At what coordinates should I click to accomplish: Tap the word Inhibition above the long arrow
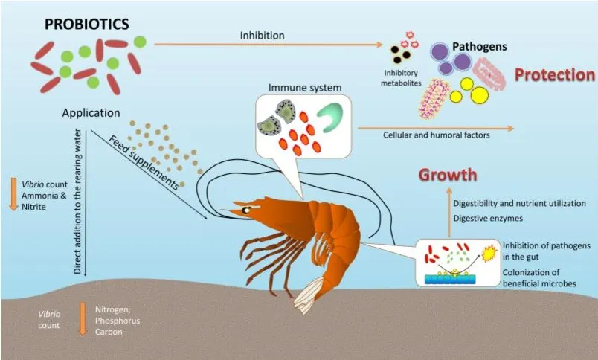point(262,35)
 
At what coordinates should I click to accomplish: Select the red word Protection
point(555,75)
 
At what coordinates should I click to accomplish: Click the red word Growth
point(447,176)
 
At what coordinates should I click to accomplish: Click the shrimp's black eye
point(245,210)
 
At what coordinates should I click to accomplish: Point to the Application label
point(91,113)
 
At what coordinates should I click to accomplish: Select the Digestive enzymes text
point(487,219)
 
